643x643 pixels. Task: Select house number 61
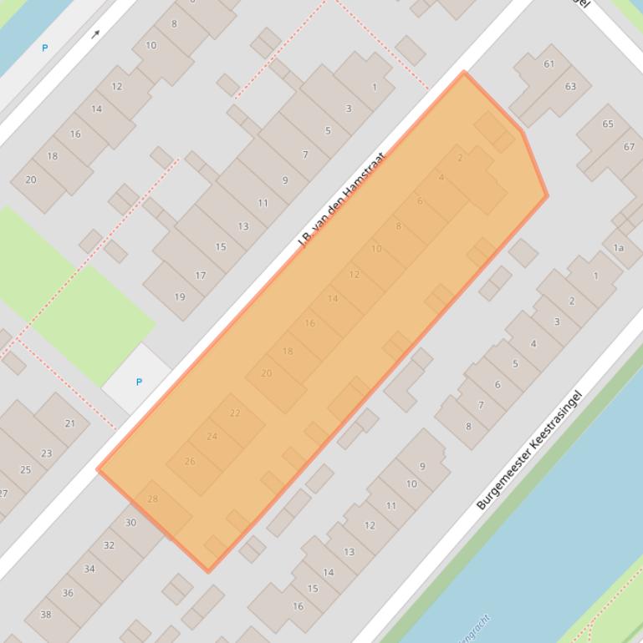[549, 64]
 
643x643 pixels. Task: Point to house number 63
[570, 86]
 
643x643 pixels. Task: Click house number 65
[608, 124]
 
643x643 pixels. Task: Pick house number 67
[629, 147]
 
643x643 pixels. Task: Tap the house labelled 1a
[619, 248]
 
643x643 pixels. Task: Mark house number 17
[201, 276]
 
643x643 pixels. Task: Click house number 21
[69, 423]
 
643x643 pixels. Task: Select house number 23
[46, 454]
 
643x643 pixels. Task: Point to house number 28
[152, 499]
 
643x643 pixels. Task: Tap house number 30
[130, 523]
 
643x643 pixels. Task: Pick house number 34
[89, 570]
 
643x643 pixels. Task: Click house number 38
[46, 615]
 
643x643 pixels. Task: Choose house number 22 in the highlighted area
[235, 413]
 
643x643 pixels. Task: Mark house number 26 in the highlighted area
[190, 462]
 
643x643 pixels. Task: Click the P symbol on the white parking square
[139, 382]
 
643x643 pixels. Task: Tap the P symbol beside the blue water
[45, 48]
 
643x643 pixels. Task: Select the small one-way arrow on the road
[96, 34]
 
